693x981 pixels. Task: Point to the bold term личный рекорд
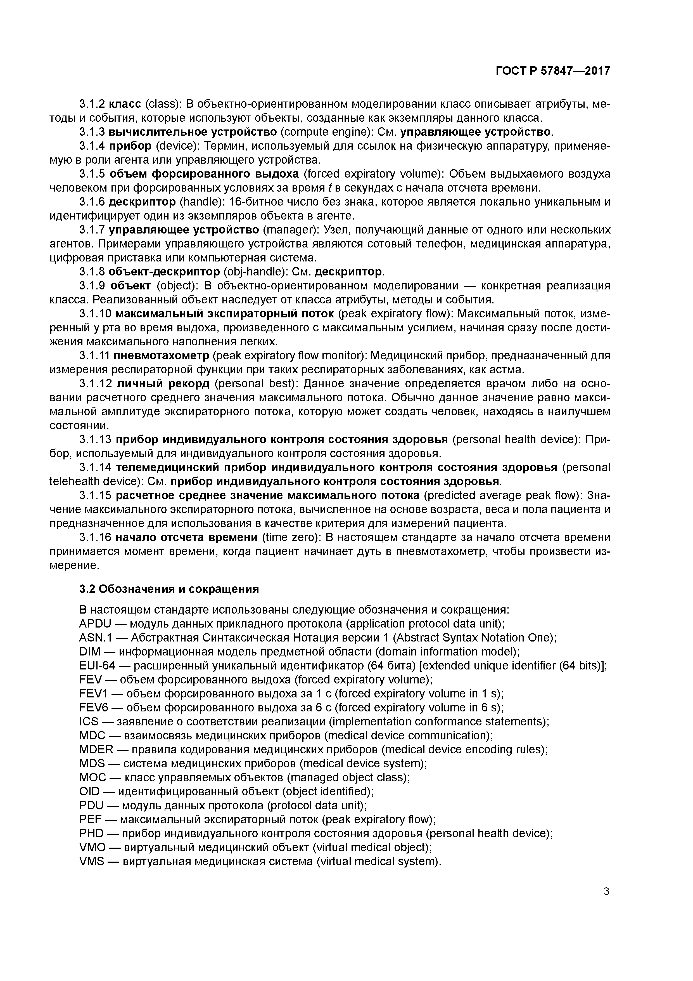click(x=163, y=384)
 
